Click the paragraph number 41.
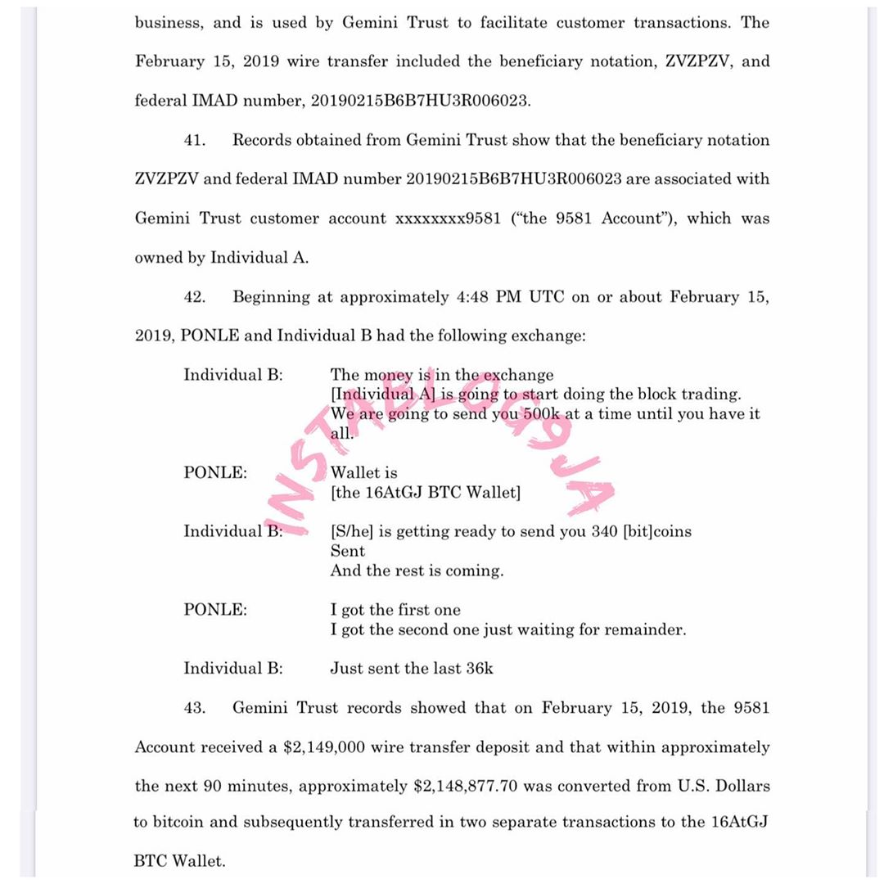[x=194, y=140]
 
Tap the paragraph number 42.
[x=194, y=297]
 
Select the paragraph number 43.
[x=194, y=708]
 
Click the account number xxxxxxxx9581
[x=448, y=219]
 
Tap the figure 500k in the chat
[x=542, y=414]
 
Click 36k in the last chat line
[x=480, y=669]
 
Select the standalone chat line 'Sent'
[x=348, y=552]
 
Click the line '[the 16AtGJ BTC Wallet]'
[x=426, y=493]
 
